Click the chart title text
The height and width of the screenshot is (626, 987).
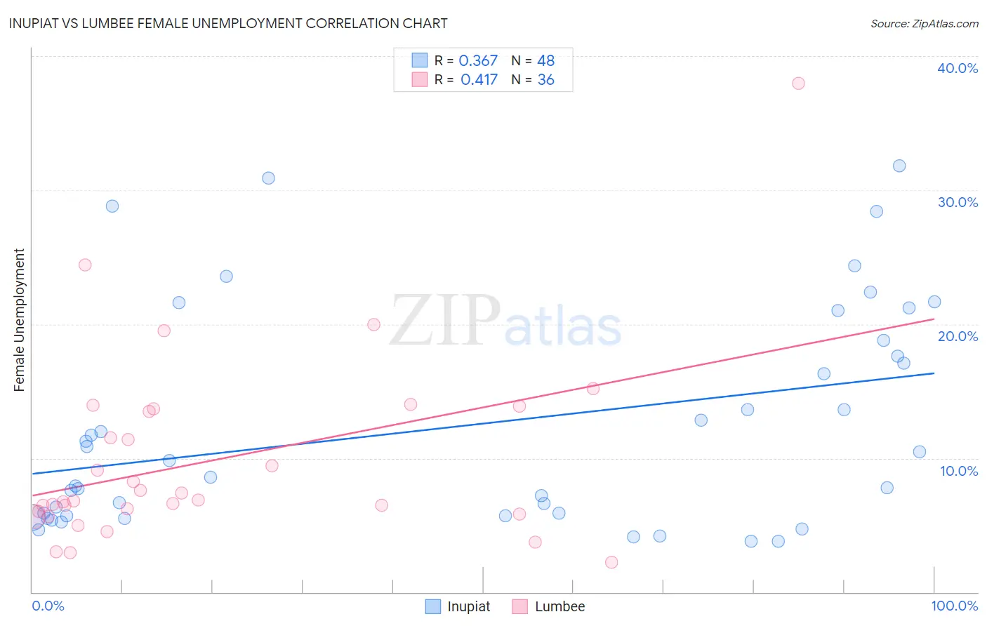(228, 23)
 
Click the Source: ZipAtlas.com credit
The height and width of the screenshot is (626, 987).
(924, 23)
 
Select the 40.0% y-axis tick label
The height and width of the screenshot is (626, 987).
(957, 68)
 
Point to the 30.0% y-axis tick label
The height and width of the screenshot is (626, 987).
(957, 202)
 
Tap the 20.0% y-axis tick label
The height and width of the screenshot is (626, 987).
(957, 336)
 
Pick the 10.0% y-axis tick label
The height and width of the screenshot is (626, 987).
(958, 471)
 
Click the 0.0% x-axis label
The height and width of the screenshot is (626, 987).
(48, 606)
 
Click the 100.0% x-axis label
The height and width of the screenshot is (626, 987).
(954, 606)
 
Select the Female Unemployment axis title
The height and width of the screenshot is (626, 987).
(19, 319)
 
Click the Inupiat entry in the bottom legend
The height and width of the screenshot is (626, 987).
(458, 606)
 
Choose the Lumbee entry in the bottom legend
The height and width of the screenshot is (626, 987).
(549, 606)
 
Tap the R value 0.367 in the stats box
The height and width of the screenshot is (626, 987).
(477, 61)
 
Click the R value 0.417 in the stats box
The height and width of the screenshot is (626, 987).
(479, 80)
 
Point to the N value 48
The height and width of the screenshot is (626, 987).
(545, 61)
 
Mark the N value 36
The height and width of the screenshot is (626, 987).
(545, 80)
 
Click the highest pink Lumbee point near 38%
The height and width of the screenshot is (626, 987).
(798, 84)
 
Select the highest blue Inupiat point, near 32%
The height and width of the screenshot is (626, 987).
(899, 166)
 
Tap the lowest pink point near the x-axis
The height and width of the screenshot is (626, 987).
(611, 562)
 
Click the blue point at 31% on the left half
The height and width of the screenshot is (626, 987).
(268, 178)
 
